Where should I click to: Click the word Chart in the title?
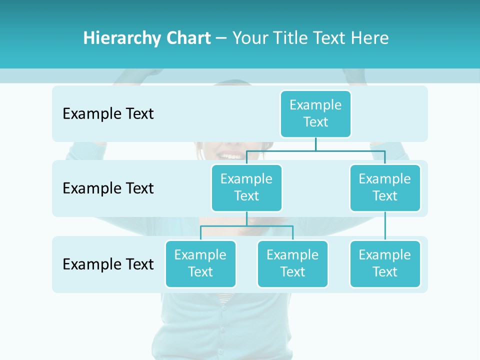[188, 38]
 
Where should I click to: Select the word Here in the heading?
[370, 38]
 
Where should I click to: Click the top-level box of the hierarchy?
[315, 113]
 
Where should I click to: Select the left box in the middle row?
[246, 187]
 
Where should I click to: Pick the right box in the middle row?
[385, 187]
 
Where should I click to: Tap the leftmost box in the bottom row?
[200, 263]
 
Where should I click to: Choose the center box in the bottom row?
[292, 263]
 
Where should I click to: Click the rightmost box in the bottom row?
[385, 263]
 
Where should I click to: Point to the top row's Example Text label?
[108, 114]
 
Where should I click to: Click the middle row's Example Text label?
[108, 188]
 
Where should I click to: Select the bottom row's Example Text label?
[108, 264]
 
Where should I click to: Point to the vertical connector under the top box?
[315, 143]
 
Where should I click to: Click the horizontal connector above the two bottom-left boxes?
[246, 226]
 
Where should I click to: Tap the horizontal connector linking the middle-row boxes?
[315, 149]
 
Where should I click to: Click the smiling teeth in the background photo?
[231, 156]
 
